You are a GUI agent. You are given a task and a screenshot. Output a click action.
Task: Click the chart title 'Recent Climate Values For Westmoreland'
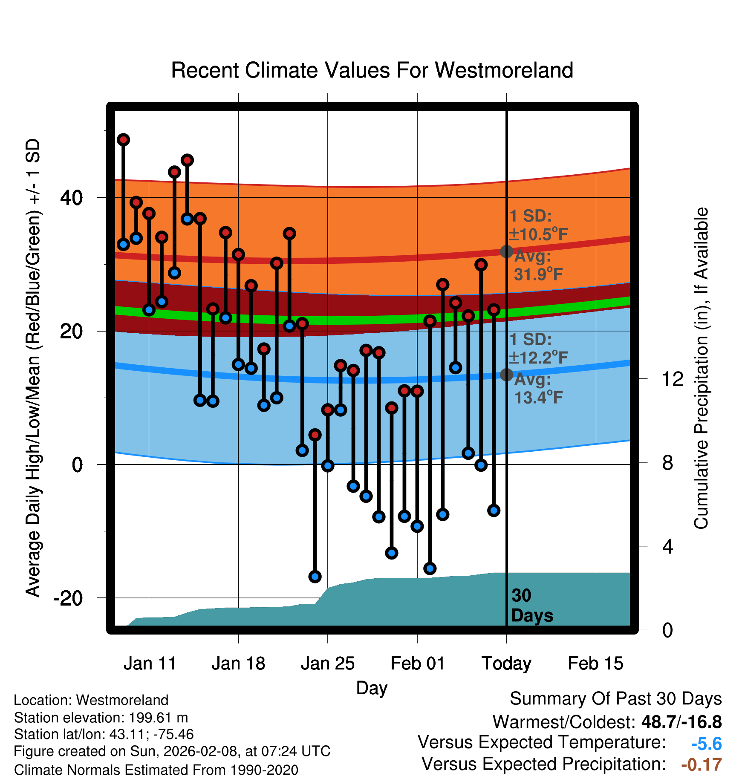coord(372,70)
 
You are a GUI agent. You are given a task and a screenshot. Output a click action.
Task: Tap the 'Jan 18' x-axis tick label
coord(238,664)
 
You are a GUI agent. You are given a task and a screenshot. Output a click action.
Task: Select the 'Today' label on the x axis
coord(506,664)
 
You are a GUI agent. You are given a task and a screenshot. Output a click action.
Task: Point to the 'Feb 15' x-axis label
coord(595,664)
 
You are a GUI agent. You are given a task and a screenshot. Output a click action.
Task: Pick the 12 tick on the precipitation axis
coord(672,379)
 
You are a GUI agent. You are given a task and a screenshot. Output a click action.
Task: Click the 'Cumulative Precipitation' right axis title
coord(701,369)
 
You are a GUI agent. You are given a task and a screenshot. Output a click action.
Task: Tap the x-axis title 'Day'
coord(372,688)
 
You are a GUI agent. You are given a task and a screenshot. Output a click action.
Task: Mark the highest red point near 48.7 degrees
coord(124,140)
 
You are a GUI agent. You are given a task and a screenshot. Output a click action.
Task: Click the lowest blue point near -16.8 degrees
coord(315,577)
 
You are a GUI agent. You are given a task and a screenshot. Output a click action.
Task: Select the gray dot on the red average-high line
coord(506,251)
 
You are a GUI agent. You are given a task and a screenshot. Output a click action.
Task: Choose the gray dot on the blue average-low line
coord(506,375)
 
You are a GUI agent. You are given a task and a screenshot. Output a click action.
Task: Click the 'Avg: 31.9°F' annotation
coord(538,265)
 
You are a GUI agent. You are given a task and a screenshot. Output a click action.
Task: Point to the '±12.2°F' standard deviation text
coord(539,358)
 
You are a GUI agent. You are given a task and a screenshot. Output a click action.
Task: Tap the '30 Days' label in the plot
coord(531,606)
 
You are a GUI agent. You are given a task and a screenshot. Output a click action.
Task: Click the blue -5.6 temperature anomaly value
coord(706,744)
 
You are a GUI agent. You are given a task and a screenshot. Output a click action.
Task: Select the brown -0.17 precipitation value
coord(701,765)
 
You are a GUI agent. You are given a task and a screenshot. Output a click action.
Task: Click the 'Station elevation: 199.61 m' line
coord(101,718)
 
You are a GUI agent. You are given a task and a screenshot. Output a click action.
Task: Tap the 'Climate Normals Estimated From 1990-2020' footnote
coord(156,770)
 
